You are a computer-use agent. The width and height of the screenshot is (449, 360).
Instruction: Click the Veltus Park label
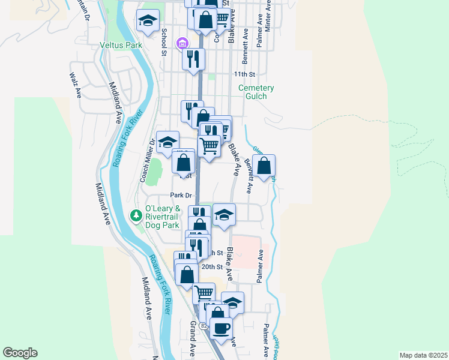[x=120, y=45]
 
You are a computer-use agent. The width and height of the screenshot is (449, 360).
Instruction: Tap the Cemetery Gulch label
[x=256, y=92]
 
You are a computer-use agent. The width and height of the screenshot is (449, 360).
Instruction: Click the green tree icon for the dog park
[x=137, y=215]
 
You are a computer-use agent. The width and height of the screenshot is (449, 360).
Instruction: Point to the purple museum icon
[x=181, y=43]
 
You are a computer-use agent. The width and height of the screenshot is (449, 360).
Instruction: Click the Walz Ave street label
[x=75, y=85]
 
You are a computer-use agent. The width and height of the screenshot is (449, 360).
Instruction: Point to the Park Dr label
[x=180, y=195]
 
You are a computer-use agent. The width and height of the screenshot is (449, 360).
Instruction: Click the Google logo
[x=20, y=353]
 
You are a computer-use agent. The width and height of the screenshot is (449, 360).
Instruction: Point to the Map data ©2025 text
[x=423, y=355]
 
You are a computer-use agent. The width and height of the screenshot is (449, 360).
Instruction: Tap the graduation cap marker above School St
[x=148, y=22]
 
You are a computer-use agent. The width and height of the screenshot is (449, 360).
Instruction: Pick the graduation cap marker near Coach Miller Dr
[x=167, y=143]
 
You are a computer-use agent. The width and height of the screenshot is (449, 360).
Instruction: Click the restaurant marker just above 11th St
[x=193, y=59]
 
